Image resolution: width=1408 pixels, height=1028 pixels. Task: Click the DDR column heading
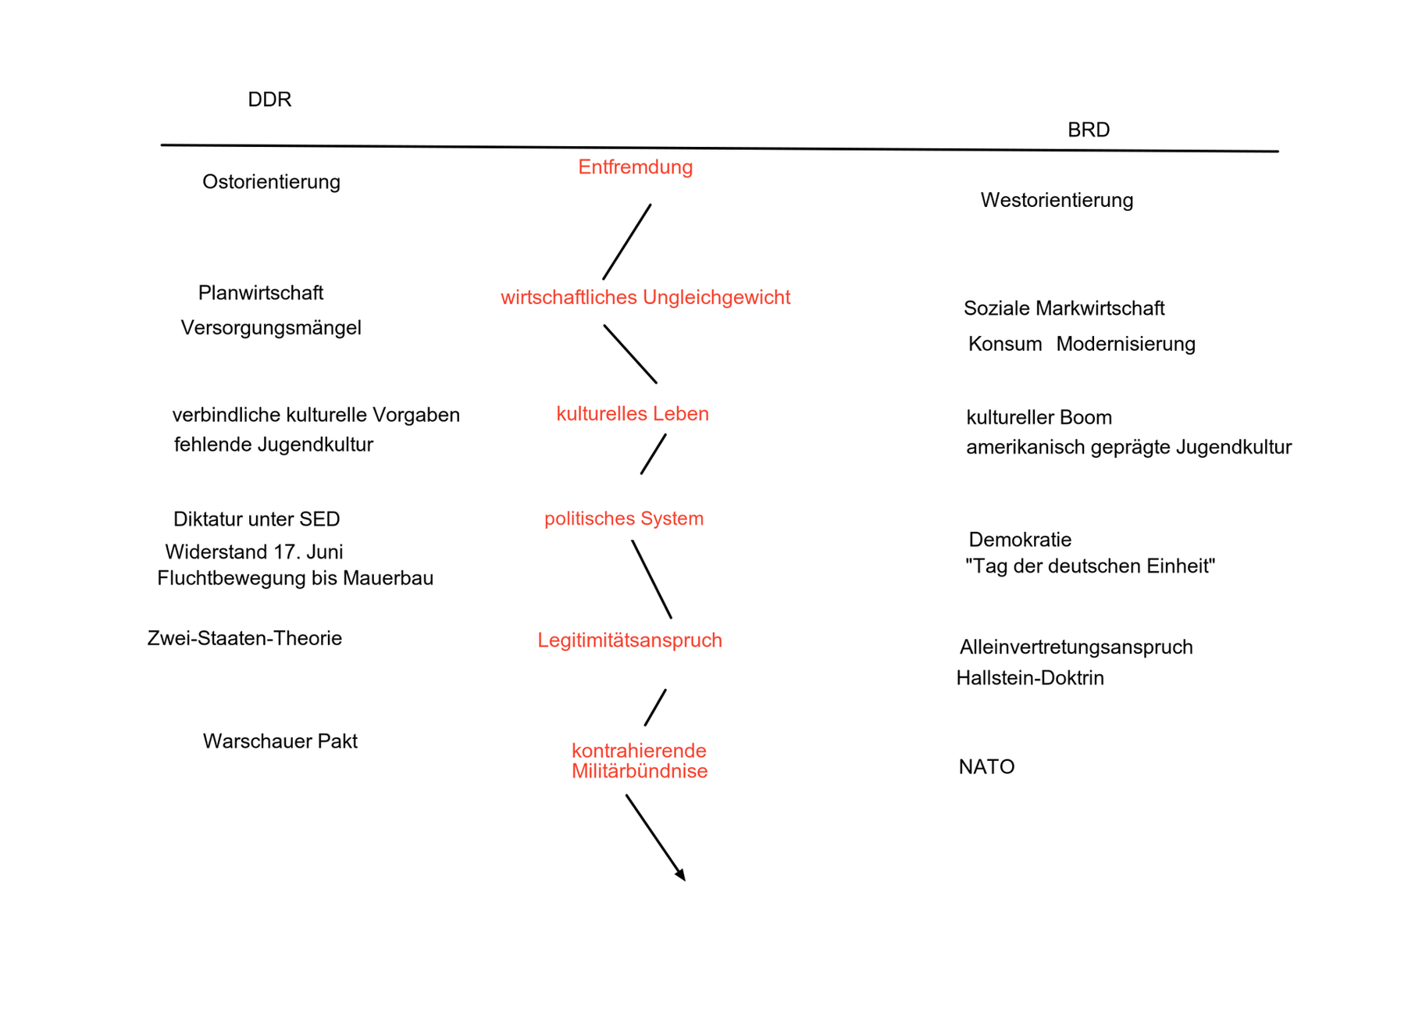tap(269, 99)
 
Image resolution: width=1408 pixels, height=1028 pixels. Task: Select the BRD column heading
tap(1089, 130)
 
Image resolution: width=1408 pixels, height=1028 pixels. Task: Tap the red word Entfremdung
tap(635, 167)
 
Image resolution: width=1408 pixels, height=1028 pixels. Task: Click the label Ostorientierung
tap(271, 182)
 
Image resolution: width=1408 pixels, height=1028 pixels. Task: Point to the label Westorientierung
tap(1057, 200)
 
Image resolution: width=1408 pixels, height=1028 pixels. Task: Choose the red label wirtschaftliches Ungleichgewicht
tap(645, 298)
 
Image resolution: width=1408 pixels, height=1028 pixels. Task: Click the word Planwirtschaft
tap(260, 293)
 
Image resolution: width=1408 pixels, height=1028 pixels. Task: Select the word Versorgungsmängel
tap(271, 327)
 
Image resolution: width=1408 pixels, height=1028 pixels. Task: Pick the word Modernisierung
tap(1125, 344)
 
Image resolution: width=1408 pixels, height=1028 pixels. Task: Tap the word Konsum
tap(1005, 344)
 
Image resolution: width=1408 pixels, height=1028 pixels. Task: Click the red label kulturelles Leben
tap(633, 414)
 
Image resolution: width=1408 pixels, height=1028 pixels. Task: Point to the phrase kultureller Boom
tap(1039, 417)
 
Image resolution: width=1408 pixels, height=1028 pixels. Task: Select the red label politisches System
tap(624, 519)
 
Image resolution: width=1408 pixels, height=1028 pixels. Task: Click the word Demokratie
tap(1020, 540)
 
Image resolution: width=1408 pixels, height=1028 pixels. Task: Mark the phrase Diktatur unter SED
tap(256, 519)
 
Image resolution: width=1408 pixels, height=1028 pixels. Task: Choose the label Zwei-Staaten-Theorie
tap(244, 638)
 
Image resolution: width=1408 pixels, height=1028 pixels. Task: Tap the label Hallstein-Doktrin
tap(1030, 678)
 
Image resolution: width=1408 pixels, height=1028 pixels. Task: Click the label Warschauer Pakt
tap(280, 741)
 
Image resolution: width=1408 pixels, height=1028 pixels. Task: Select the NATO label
tap(986, 767)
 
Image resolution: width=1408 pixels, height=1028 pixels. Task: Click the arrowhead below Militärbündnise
tap(681, 876)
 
